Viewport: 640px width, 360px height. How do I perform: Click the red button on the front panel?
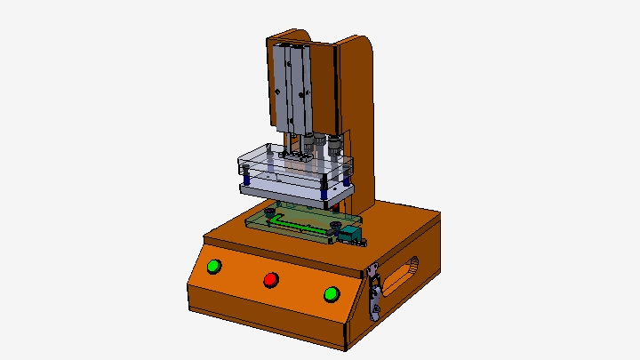coord(271,280)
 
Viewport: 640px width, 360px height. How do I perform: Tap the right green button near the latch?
coord(332,294)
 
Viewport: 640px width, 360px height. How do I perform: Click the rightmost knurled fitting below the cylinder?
coord(334,144)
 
